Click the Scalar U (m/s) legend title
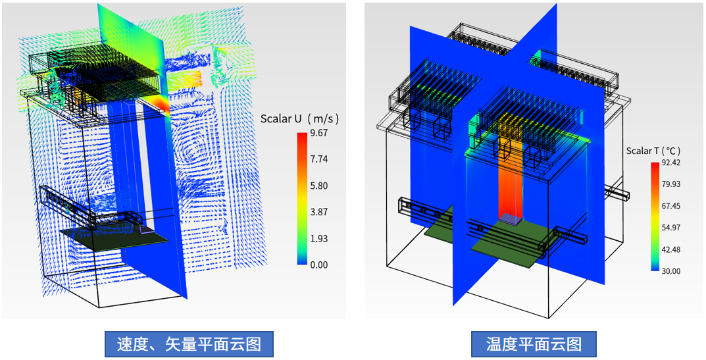300,119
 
